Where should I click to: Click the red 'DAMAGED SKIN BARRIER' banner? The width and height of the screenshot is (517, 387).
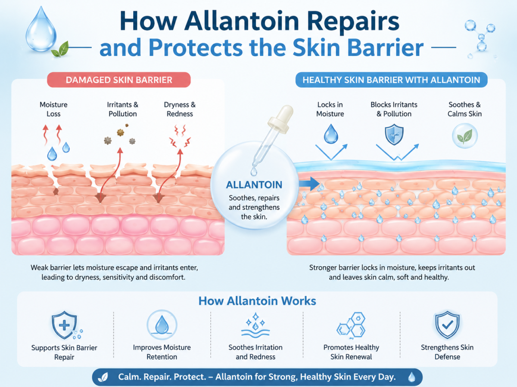pyautogui.click(x=119, y=80)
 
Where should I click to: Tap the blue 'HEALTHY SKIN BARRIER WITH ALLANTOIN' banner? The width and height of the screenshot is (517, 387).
pyautogui.click(x=391, y=80)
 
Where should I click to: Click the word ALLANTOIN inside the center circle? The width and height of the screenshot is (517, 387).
pyautogui.click(x=254, y=185)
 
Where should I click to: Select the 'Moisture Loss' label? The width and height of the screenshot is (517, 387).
pyautogui.click(x=53, y=109)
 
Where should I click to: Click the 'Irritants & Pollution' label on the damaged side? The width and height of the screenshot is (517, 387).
pyautogui.click(x=122, y=109)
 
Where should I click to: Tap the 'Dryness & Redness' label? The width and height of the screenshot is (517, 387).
pyautogui.click(x=180, y=109)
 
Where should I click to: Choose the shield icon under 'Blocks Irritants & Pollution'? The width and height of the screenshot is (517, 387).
pyautogui.click(x=394, y=135)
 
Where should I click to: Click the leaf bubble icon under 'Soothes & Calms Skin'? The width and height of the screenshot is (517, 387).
pyautogui.click(x=465, y=136)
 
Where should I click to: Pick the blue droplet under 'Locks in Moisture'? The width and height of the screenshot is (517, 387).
pyautogui.click(x=331, y=134)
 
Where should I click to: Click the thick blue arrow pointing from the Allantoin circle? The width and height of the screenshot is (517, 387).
pyautogui.click(x=309, y=184)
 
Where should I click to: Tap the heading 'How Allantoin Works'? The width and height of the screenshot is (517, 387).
pyautogui.click(x=257, y=301)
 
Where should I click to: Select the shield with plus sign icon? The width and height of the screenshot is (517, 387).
pyautogui.click(x=65, y=325)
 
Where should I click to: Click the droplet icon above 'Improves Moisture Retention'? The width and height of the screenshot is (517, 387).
pyautogui.click(x=162, y=325)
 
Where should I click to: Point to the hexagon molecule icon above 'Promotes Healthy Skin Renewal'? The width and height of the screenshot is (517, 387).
pyautogui.click(x=352, y=325)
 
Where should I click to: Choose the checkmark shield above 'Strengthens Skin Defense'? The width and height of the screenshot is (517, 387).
pyautogui.click(x=447, y=325)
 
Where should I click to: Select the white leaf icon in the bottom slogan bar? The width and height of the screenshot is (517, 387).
pyautogui.click(x=103, y=377)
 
